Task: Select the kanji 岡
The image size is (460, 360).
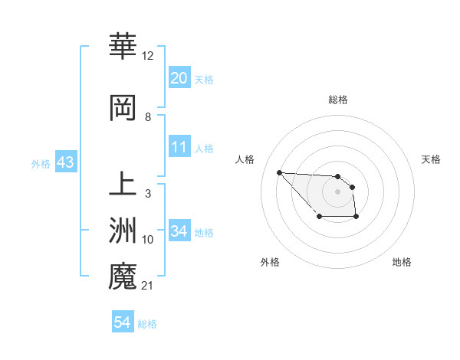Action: click(123, 108)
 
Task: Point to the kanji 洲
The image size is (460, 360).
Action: click(123, 231)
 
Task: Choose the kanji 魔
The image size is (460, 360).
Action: click(123, 277)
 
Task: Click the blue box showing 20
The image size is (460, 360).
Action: click(179, 78)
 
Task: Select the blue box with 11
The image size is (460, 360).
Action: click(179, 147)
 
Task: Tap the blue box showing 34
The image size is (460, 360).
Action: click(179, 231)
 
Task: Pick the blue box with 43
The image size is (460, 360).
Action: click(65, 162)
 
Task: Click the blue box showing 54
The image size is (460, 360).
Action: click(122, 322)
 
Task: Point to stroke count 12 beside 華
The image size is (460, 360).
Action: click(148, 56)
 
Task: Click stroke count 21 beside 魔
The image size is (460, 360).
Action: click(148, 286)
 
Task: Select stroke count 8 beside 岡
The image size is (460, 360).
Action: click(147, 117)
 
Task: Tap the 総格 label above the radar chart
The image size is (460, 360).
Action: click(338, 100)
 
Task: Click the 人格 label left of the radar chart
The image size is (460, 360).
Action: click(245, 159)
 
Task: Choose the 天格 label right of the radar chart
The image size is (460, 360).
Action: click(432, 159)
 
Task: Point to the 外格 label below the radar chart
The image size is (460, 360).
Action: click(270, 262)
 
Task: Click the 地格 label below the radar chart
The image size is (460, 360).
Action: click(402, 262)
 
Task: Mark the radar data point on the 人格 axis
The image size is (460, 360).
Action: click(279, 172)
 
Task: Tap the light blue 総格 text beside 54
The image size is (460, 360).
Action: click(147, 324)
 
